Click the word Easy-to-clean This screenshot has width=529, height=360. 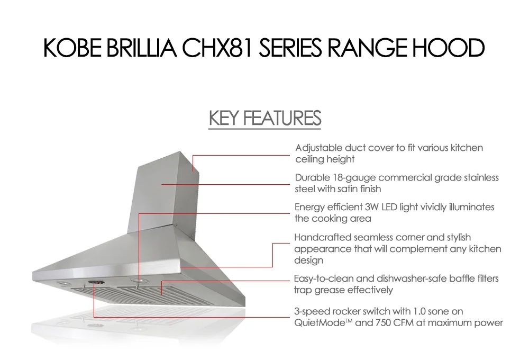point(322,278)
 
